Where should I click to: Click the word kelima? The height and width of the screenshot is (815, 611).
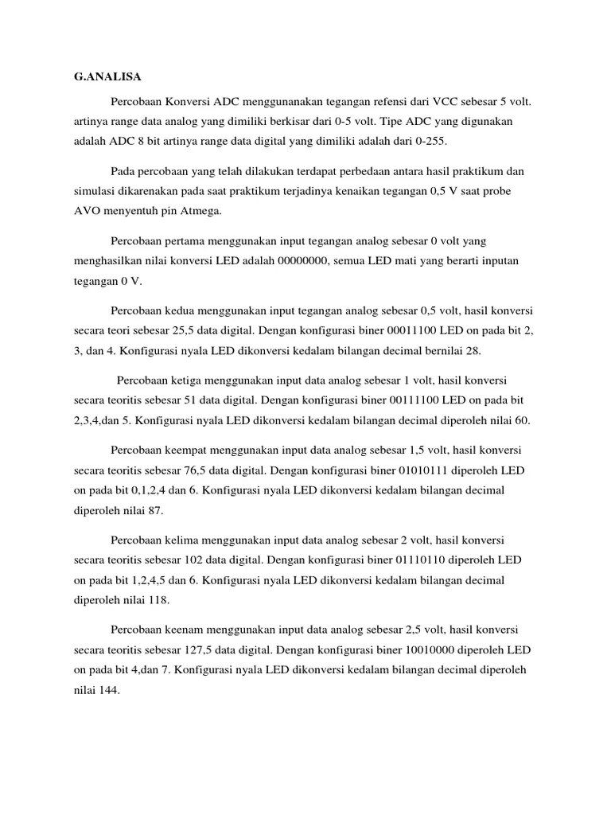(189, 540)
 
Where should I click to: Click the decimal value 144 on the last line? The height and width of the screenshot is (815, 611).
(108, 691)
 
